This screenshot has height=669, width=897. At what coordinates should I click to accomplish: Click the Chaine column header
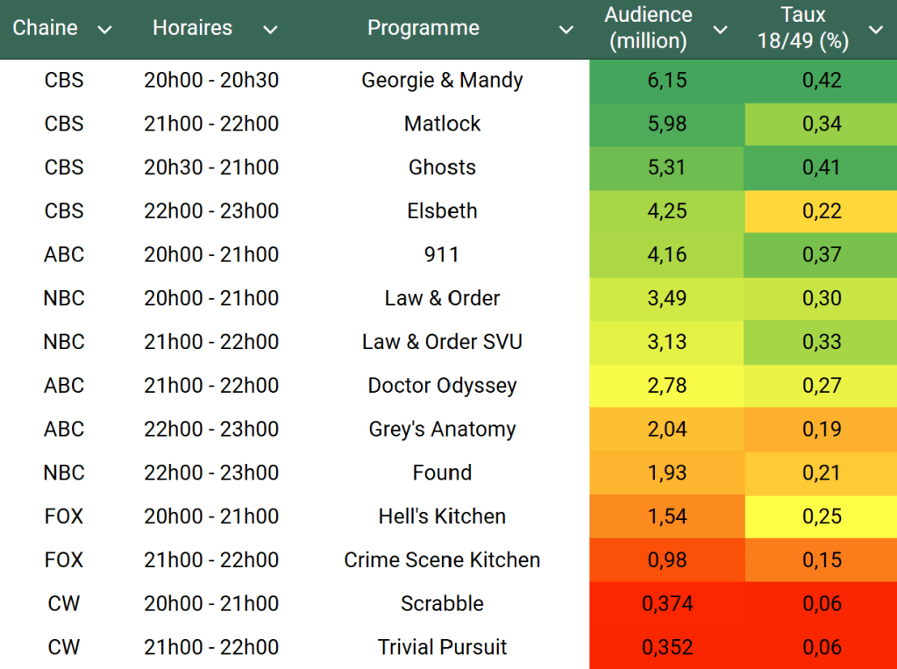tap(46, 28)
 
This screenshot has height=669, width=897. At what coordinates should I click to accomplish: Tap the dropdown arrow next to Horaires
tap(270, 30)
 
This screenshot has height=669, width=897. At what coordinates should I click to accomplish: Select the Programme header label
tap(423, 28)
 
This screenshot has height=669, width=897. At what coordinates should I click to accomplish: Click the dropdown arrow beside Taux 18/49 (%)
tap(875, 30)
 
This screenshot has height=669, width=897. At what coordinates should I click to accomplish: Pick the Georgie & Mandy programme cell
tap(442, 81)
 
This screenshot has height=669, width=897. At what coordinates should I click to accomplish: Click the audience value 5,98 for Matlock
tap(667, 125)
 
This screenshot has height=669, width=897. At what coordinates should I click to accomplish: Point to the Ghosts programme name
tap(442, 167)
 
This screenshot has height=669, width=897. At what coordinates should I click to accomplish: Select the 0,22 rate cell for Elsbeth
tap(822, 211)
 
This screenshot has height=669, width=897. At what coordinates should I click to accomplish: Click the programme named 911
tap(442, 255)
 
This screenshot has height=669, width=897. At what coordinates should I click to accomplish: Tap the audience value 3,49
tap(667, 299)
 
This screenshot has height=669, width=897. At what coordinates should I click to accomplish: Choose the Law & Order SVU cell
tap(442, 342)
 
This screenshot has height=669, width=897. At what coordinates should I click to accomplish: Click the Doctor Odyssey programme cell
tap(442, 386)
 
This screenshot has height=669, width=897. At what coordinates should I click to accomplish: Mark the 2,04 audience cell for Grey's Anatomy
tap(667, 430)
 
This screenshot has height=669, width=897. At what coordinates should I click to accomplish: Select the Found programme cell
tap(442, 473)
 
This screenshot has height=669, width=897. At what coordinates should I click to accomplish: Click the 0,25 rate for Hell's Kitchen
tap(822, 516)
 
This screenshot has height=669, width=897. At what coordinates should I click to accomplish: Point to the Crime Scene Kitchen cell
tap(442, 560)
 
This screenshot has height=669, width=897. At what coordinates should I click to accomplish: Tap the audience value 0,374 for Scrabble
tap(667, 604)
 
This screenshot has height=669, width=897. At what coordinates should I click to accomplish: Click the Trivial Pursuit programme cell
tap(442, 648)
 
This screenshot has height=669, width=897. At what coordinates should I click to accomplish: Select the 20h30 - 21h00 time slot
tap(211, 167)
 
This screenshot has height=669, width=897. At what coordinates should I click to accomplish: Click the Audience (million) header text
tap(648, 28)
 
